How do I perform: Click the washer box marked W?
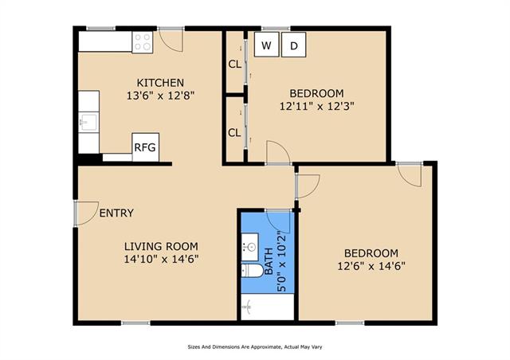point(266,45)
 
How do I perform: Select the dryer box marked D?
point(293,45)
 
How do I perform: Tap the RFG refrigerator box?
point(145,147)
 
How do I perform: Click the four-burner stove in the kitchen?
point(143,42)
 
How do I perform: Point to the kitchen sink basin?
point(88,122)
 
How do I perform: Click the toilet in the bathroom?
point(252,270)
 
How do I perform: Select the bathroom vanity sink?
point(249,247)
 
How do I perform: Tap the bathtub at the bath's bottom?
point(268,307)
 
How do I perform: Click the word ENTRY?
point(116,213)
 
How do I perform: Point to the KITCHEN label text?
point(160,83)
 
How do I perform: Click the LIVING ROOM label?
point(161,246)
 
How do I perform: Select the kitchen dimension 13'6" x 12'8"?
point(160,96)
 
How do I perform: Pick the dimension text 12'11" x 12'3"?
point(316,107)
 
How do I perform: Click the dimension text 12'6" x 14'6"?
point(371,266)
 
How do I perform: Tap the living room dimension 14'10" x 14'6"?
point(161,259)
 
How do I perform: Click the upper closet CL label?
point(235,65)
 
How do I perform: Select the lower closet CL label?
point(234,133)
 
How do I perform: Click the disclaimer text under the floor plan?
point(255,347)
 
